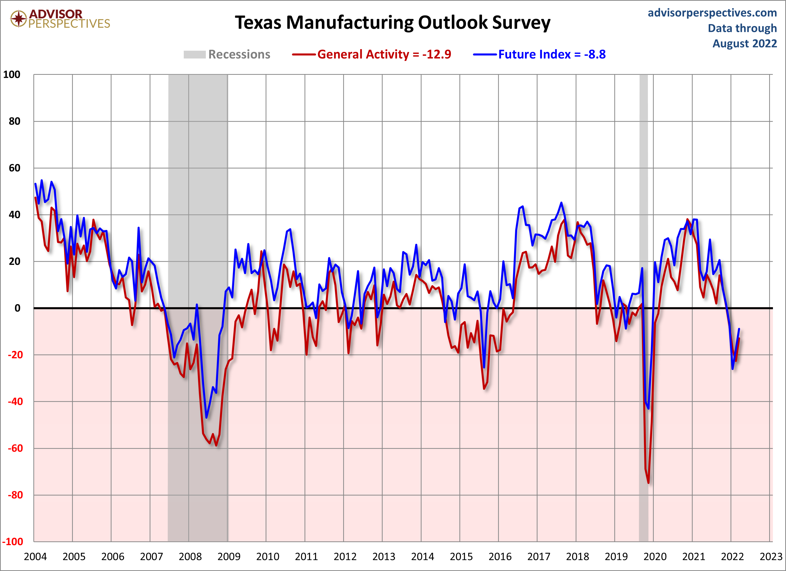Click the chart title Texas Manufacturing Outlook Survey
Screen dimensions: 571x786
(x=392, y=23)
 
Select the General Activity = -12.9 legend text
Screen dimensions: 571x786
(x=384, y=54)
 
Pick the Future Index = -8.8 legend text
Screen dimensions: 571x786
(x=552, y=54)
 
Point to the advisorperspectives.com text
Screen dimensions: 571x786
(x=712, y=13)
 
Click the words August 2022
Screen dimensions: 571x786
(x=744, y=44)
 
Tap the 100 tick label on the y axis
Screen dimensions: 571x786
(x=12, y=75)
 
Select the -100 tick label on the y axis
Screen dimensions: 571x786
(x=13, y=542)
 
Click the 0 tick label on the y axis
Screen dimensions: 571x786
(x=17, y=308)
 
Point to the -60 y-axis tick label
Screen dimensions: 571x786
(x=15, y=448)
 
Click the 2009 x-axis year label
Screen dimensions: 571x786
(x=229, y=557)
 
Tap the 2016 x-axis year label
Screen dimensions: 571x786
(x=500, y=557)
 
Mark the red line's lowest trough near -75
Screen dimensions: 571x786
(x=648, y=483)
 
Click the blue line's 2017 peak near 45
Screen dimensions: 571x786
(x=561, y=203)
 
